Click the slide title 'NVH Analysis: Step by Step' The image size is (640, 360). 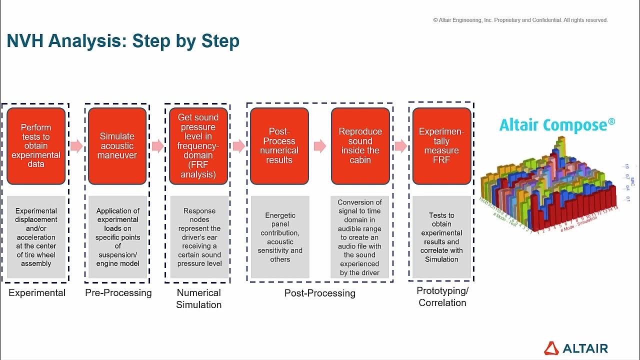coord(123,41)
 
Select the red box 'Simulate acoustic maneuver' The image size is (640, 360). coord(117,146)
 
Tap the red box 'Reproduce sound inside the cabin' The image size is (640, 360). coord(360,146)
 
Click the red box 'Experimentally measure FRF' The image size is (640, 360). coord(441,146)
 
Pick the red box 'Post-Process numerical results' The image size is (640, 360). coord(279,146)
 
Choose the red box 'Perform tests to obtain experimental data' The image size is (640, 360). coord(36,146)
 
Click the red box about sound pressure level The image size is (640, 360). coord(198,146)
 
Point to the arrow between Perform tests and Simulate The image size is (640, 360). coord(76,146)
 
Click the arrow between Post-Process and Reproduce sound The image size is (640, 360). coord(320,146)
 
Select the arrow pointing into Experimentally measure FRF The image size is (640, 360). coord(401,146)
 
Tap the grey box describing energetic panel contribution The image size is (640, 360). coord(280,237)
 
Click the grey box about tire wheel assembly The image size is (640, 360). coord(36,237)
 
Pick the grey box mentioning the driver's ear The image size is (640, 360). coord(199,237)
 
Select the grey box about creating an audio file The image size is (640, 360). coord(360,237)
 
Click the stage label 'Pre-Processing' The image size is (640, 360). coord(118,293)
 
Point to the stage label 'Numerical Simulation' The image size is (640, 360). coord(198,298)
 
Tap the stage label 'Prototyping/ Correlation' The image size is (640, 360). coord(442,296)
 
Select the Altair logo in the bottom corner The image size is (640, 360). coord(576,348)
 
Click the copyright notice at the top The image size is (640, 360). coord(520,20)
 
